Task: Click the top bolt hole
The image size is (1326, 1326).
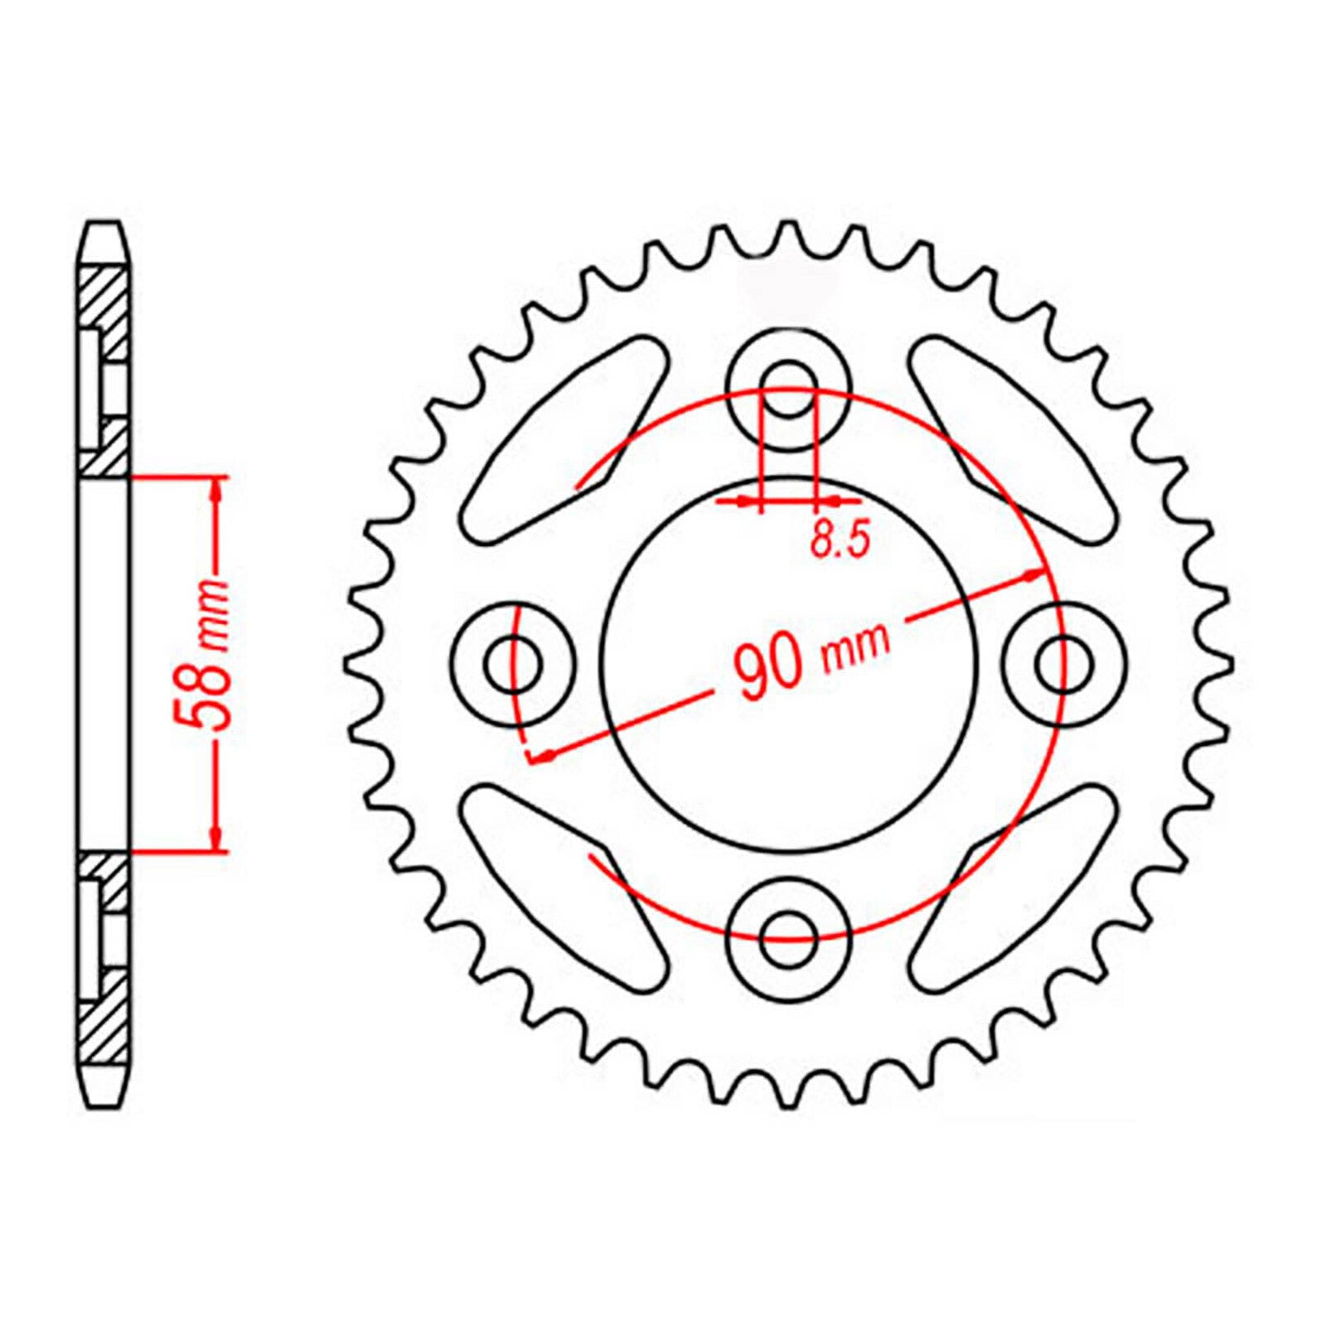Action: [x=788, y=389]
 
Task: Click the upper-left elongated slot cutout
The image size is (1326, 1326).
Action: [x=564, y=438]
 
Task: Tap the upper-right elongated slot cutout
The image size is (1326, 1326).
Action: [x=1012, y=438]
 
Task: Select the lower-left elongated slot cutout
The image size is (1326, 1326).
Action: [x=564, y=889]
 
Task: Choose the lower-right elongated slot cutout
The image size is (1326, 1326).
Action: [x=1012, y=889]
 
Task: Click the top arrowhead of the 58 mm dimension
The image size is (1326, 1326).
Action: [x=217, y=489]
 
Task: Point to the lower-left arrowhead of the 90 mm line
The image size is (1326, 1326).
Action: [x=543, y=755]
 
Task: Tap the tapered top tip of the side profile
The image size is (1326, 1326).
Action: [x=105, y=240]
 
